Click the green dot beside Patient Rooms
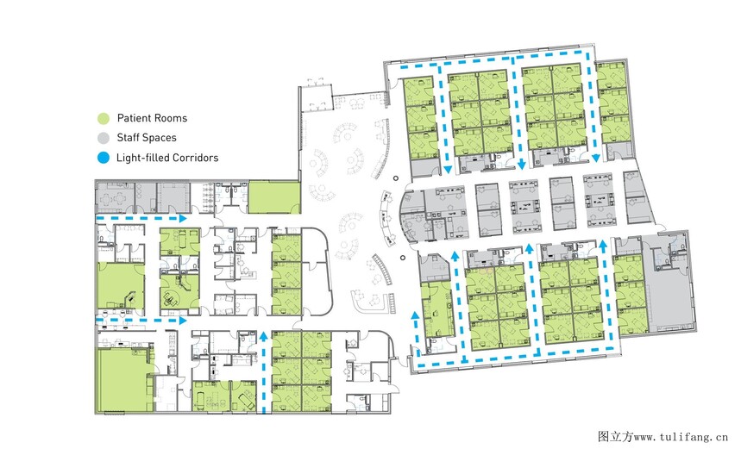tap(104, 118)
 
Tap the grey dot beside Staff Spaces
tap(104, 138)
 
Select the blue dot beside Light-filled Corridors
tap(104, 158)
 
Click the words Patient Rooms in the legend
tap(152, 118)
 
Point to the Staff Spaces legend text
tap(147, 138)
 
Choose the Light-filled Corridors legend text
tap(167, 158)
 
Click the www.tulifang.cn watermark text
tap(681, 437)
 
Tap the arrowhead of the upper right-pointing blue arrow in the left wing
tap(182, 219)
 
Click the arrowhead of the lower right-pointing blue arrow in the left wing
tap(182, 321)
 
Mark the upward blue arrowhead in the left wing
tap(264, 335)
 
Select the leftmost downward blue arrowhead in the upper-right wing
tap(448, 169)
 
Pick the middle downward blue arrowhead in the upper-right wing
tap(522, 165)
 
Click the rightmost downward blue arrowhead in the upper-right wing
tap(596, 158)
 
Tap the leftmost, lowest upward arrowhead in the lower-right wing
tap(416, 315)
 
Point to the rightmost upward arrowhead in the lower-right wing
tap(603, 244)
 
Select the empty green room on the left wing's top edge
tap(274, 197)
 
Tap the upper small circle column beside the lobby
tap(396, 178)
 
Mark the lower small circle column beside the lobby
tap(403, 259)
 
